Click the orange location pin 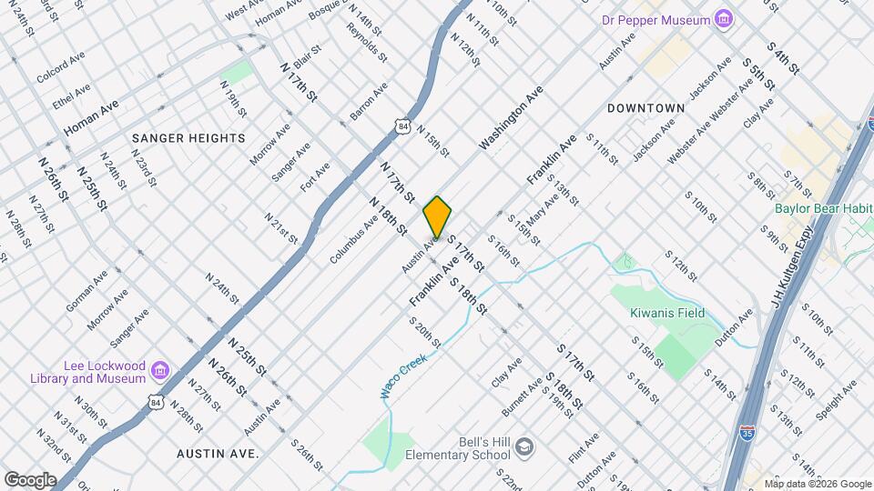click(x=437, y=217)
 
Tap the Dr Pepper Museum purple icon click(x=724, y=19)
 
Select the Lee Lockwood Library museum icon click(x=160, y=370)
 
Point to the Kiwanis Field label click(x=667, y=313)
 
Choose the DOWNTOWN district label click(x=645, y=108)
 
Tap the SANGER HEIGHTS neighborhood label click(x=188, y=138)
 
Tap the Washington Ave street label click(x=511, y=118)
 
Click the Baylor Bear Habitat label click(x=823, y=207)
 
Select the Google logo click(x=29, y=479)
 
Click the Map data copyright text click(x=818, y=484)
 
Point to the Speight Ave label click(x=836, y=399)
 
